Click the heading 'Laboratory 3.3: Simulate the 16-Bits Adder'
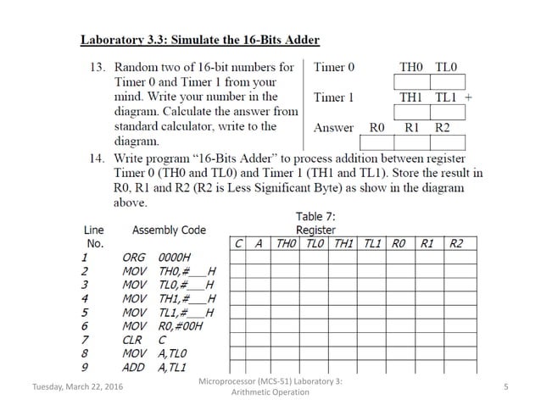199,40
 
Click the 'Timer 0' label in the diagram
334,66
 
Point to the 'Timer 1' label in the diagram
334,97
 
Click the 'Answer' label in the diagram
333,128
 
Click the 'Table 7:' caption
315,217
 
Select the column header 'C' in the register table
240,244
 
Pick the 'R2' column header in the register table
456,244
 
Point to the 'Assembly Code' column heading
170,230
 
